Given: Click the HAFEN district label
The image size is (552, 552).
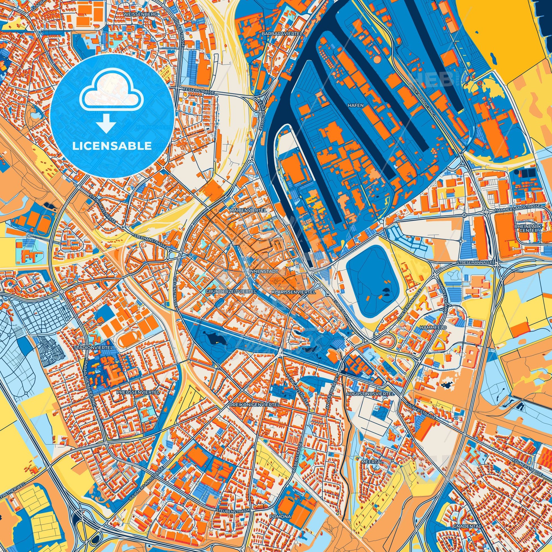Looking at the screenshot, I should coord(355,105).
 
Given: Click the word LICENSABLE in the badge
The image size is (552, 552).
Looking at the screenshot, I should coord(112,146).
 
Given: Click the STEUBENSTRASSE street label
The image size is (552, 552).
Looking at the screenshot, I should coord(233,510).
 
